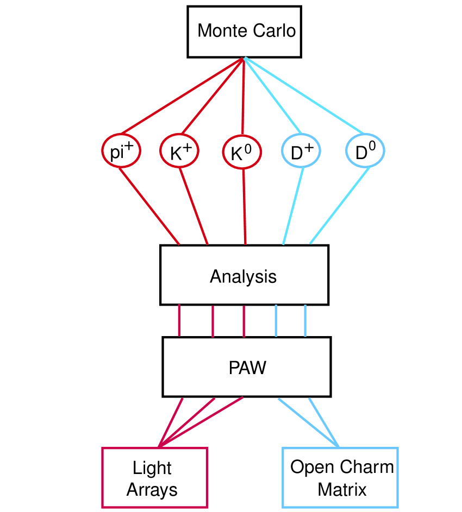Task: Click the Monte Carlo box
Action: [244, 31]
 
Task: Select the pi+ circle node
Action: [121, 151]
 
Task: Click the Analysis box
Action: [244, 275]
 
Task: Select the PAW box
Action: [247, 367]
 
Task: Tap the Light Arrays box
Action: [154, 478]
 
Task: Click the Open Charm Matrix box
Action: [340, 478]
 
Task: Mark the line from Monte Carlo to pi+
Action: [182, 96]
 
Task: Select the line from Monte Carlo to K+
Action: [212, 96]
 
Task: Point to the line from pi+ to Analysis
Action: [149, 206]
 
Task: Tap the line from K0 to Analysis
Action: [244, 206]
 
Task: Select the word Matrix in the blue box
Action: [342, 490]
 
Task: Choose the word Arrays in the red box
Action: [152, 490]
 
